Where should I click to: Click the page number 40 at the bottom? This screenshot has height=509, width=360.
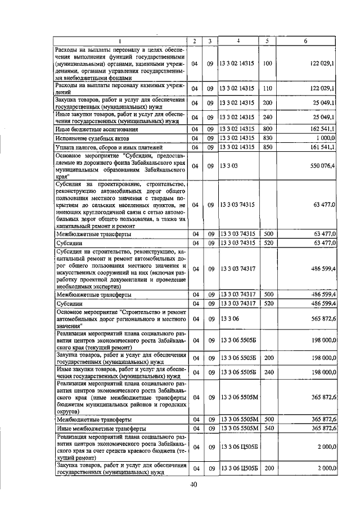point(193,484)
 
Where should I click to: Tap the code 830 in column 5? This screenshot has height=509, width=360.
point(267,138)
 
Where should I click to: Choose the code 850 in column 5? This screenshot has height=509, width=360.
point(267,147)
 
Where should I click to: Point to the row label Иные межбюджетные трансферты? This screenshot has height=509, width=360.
point(98,429)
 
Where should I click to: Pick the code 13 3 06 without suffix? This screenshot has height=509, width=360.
point(230,319)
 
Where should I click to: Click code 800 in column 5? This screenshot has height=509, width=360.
point(267,129)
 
